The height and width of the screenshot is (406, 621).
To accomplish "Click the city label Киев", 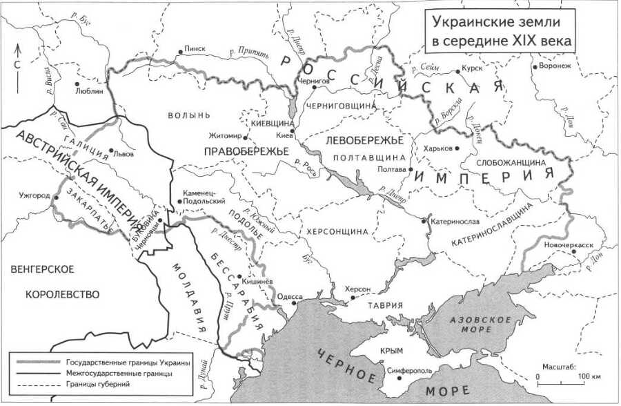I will (284, 136).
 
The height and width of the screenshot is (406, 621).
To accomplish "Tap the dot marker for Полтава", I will (411, 168).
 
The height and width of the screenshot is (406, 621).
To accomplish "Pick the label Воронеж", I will (557, 67).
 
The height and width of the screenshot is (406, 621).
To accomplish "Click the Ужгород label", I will (35, 195).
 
